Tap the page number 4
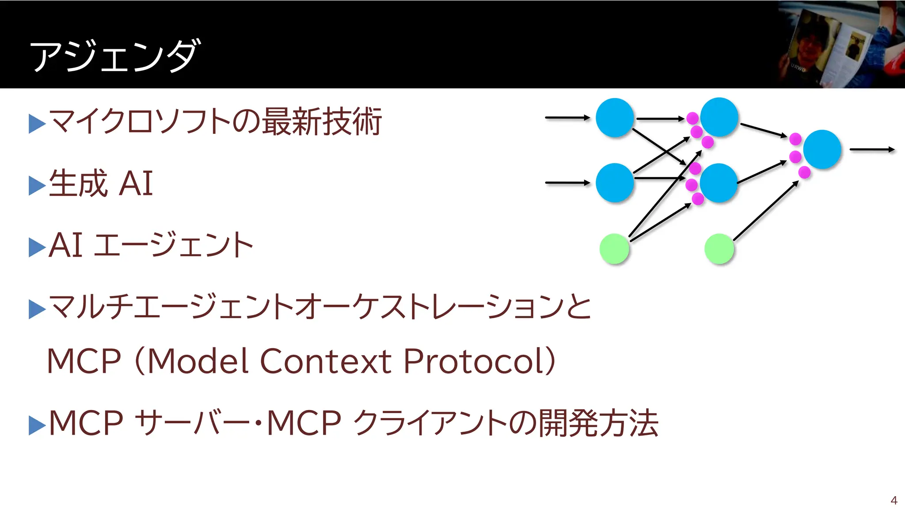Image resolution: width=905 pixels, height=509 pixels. (894, 501)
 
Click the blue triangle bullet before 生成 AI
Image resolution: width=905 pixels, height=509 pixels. (37, 185)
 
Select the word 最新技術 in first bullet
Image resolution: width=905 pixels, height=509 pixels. (322, 122)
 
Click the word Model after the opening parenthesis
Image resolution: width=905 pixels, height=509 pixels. (198, 361)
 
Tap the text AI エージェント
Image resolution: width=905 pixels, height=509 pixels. (150, 245)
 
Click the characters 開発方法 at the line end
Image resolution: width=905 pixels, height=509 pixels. (598, 423)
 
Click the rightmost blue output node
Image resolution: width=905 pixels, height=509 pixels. (822, 149)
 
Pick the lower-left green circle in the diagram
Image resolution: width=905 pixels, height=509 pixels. (614, 249)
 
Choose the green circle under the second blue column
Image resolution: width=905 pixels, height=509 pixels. (719, 249)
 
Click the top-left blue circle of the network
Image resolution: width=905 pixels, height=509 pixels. (615, 118)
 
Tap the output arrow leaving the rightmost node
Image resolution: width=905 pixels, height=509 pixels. (871, 150)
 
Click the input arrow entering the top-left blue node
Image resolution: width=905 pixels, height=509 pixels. (567, 118)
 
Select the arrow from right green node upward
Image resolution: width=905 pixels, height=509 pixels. (765, 211)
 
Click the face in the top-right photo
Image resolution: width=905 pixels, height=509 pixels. (807, 44)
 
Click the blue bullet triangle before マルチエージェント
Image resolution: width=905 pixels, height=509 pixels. (37, 309)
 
